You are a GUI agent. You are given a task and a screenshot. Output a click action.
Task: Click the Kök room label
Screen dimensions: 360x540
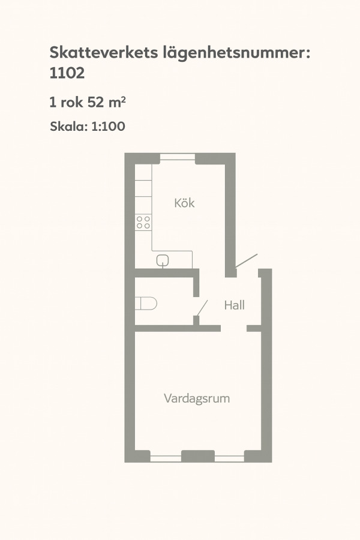coord(184,203)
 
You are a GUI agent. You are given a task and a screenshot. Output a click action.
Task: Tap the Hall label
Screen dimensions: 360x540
coord(234,305)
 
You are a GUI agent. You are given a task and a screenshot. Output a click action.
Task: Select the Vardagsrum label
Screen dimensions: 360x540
coord(197,398)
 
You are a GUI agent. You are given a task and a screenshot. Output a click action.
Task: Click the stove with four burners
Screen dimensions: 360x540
coord(143,222)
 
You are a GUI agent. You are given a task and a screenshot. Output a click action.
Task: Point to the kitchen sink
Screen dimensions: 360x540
coord(163,261)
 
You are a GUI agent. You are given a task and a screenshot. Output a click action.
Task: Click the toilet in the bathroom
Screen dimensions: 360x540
coord(146,304)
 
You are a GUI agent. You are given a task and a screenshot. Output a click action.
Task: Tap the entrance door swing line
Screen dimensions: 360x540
coord(247,261)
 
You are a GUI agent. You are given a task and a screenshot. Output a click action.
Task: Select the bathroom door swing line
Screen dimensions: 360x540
coord(202,308)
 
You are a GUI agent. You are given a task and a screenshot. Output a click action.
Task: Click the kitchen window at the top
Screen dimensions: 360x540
coord(178,157)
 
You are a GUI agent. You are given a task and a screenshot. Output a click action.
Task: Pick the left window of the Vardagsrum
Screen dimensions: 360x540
coord(166,458)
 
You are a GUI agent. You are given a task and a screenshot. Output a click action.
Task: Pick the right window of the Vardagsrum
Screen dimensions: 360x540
coord(229,458)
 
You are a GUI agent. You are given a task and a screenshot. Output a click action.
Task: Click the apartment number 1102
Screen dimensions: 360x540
coord(67,73)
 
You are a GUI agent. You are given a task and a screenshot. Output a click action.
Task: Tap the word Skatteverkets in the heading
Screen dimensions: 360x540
coord(104,52)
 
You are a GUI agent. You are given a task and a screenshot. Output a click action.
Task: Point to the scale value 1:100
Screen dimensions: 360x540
coord(108,127)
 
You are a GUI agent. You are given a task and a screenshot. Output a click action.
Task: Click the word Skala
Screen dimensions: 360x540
coord(69,127)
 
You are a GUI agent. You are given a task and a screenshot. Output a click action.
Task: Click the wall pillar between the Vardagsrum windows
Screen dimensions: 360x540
coord(198,456)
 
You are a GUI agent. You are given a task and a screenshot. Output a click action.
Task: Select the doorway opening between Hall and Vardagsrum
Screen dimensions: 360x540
coord(233,328)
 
